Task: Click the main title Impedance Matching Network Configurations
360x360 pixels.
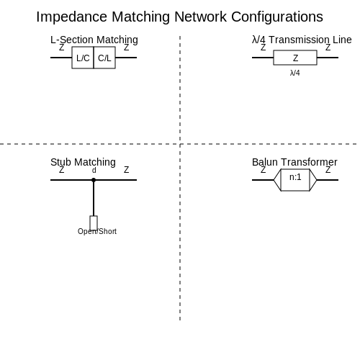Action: pos(179,17)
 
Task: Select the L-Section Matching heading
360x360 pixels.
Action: pos(94,40)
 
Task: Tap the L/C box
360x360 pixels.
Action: pos(83,58)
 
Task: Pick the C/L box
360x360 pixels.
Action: pos(104,58)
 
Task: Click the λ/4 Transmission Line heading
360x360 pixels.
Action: pos(302,40)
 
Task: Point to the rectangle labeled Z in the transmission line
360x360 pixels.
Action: pos(295,58)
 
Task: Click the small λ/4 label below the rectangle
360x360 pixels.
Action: pos(295,73)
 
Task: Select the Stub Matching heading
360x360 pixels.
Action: pos(83,162)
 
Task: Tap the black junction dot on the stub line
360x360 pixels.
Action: pos(94,180)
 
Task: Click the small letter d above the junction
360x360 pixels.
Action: pos(94,170)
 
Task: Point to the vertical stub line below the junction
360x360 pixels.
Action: pos(94,198)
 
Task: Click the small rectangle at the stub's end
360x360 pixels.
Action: pos(94,223)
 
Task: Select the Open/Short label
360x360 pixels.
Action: pos(97,231)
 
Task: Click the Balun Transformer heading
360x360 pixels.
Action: pos(294,162)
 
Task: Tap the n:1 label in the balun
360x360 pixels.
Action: pos(295,177)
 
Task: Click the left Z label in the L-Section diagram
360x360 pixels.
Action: pos(62,48)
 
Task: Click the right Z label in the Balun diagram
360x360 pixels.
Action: pos(328,170)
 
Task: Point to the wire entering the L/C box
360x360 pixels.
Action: pos(61,58)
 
